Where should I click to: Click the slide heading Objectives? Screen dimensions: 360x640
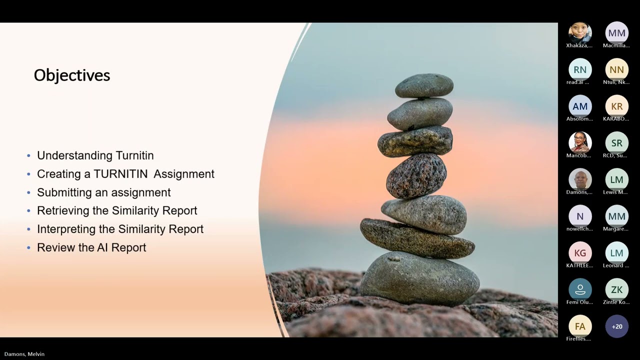click(72, 75)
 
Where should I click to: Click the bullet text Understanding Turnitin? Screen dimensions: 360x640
click(95, 155)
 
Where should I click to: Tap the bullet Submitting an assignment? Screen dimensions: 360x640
click(103, 192)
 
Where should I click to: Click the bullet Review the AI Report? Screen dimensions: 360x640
click(91, 247)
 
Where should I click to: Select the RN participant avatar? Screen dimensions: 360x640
click(580, 70)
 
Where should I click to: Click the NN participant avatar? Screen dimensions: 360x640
click(616, 70)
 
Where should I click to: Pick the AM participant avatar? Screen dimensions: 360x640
click(580, 106)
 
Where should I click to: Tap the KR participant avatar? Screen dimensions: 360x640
click(616, 106)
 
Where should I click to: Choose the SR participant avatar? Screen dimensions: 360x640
click(616, 143)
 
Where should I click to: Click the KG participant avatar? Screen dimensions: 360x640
click(580, 253)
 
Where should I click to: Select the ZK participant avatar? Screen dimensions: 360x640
click(616, 290)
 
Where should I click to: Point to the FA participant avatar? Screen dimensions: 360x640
click(580, 326)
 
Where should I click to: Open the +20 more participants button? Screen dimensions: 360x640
click(616, 326)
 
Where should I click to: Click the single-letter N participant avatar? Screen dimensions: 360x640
click(580, 216)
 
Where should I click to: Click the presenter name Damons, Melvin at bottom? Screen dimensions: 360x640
click(24, 354)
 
